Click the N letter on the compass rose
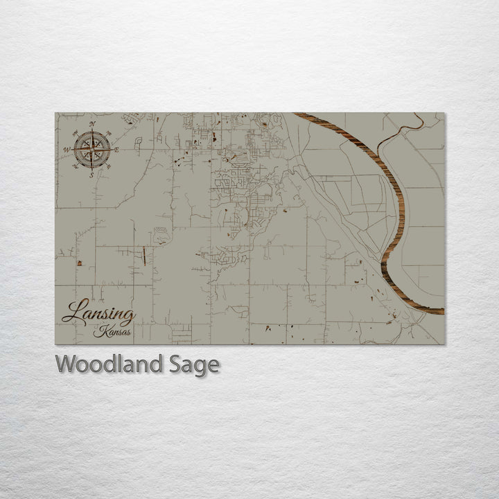[x=92, y=123]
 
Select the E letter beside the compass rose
[x=116, y=150]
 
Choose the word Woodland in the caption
[x=107, y=364]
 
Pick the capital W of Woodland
[x=66, y=364]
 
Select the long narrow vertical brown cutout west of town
[x=144, y=256]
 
